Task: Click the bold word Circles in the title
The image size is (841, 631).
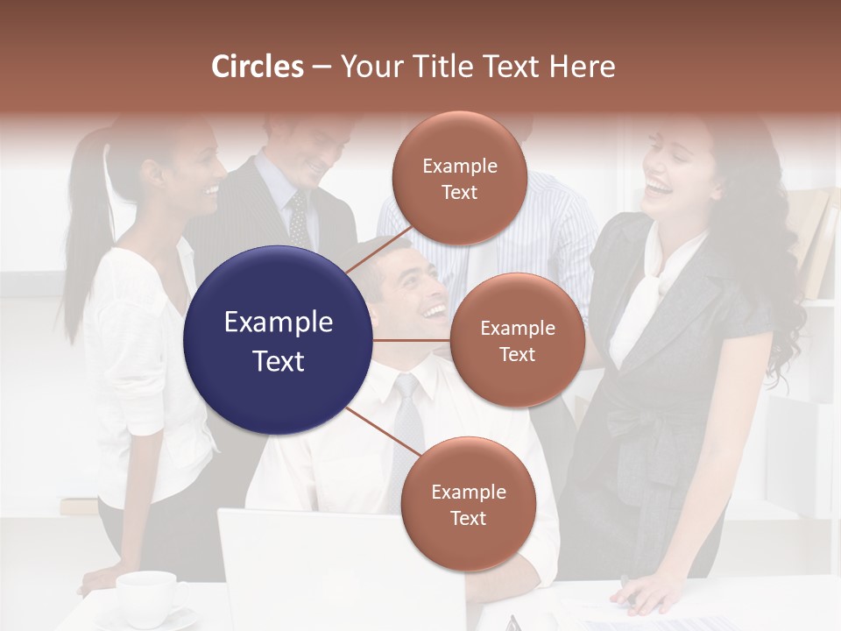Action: pos(258,67)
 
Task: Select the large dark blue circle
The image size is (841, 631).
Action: pos(278,340)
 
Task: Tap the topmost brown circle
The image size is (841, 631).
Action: pos(459,178)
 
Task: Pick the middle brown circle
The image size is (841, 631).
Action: pos(517,340)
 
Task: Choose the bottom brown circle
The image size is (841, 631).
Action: pos(468,504)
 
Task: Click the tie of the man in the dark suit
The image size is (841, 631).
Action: pos(299,219)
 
